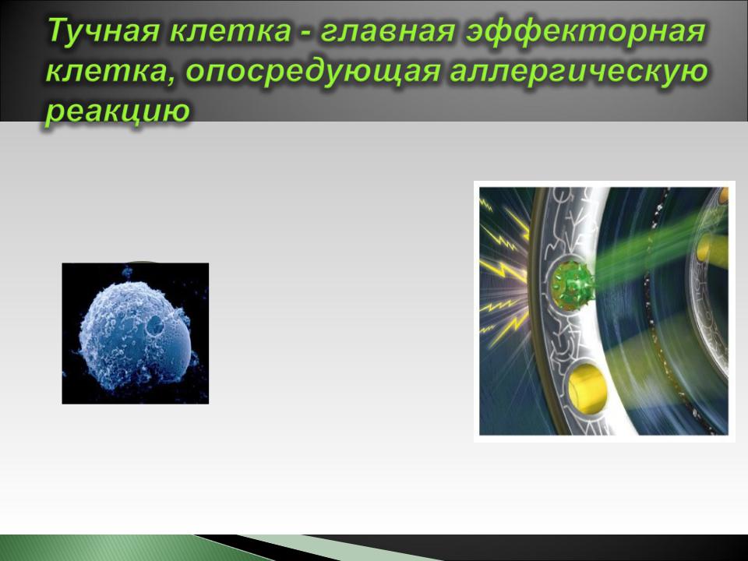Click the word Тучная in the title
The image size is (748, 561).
pos(103,31)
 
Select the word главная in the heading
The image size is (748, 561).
pos(387,31)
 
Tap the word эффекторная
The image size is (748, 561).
pos(585,31)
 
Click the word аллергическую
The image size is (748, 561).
pos(579,72)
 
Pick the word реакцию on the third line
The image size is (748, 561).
pos(118,111)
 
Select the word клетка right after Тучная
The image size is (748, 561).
pos(229,31)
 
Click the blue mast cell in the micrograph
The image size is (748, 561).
pos(135,335)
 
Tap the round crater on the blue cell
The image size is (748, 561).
pos(155,326)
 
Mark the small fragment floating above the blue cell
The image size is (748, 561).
pos(127,273)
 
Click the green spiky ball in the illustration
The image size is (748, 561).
pos(572,286)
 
